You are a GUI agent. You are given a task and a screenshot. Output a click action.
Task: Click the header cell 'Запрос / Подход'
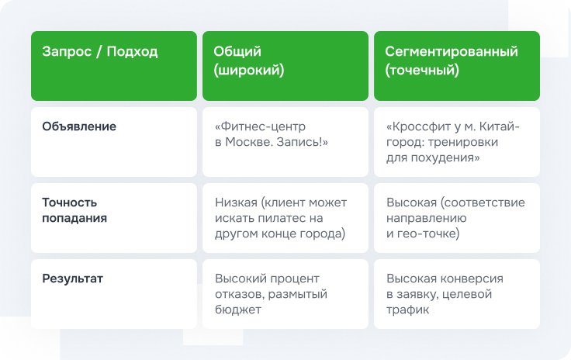coord(100,52)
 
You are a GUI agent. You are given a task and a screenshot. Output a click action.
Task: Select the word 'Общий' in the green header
coord(237,52)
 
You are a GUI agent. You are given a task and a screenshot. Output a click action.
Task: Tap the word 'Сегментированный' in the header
coord(452,52)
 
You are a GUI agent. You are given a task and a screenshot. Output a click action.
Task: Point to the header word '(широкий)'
coord(249,70)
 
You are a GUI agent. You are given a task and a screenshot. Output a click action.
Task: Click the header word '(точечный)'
coord(422,70)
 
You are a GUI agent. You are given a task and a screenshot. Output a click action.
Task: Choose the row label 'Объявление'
coord(79,126)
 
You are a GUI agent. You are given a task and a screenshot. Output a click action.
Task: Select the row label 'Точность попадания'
coord(74,210)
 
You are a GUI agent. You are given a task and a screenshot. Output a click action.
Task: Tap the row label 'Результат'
coord(72,279)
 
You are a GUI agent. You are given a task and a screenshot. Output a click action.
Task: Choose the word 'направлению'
coord(427,218)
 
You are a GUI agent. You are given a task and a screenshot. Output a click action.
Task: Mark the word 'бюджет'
coord(238,310)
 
